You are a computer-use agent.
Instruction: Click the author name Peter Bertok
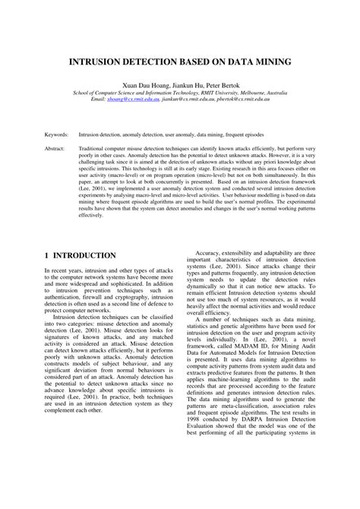click(222, 85)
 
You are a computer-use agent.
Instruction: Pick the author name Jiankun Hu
click(182, 85)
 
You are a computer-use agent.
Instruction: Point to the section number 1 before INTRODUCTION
click(47, 255)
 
